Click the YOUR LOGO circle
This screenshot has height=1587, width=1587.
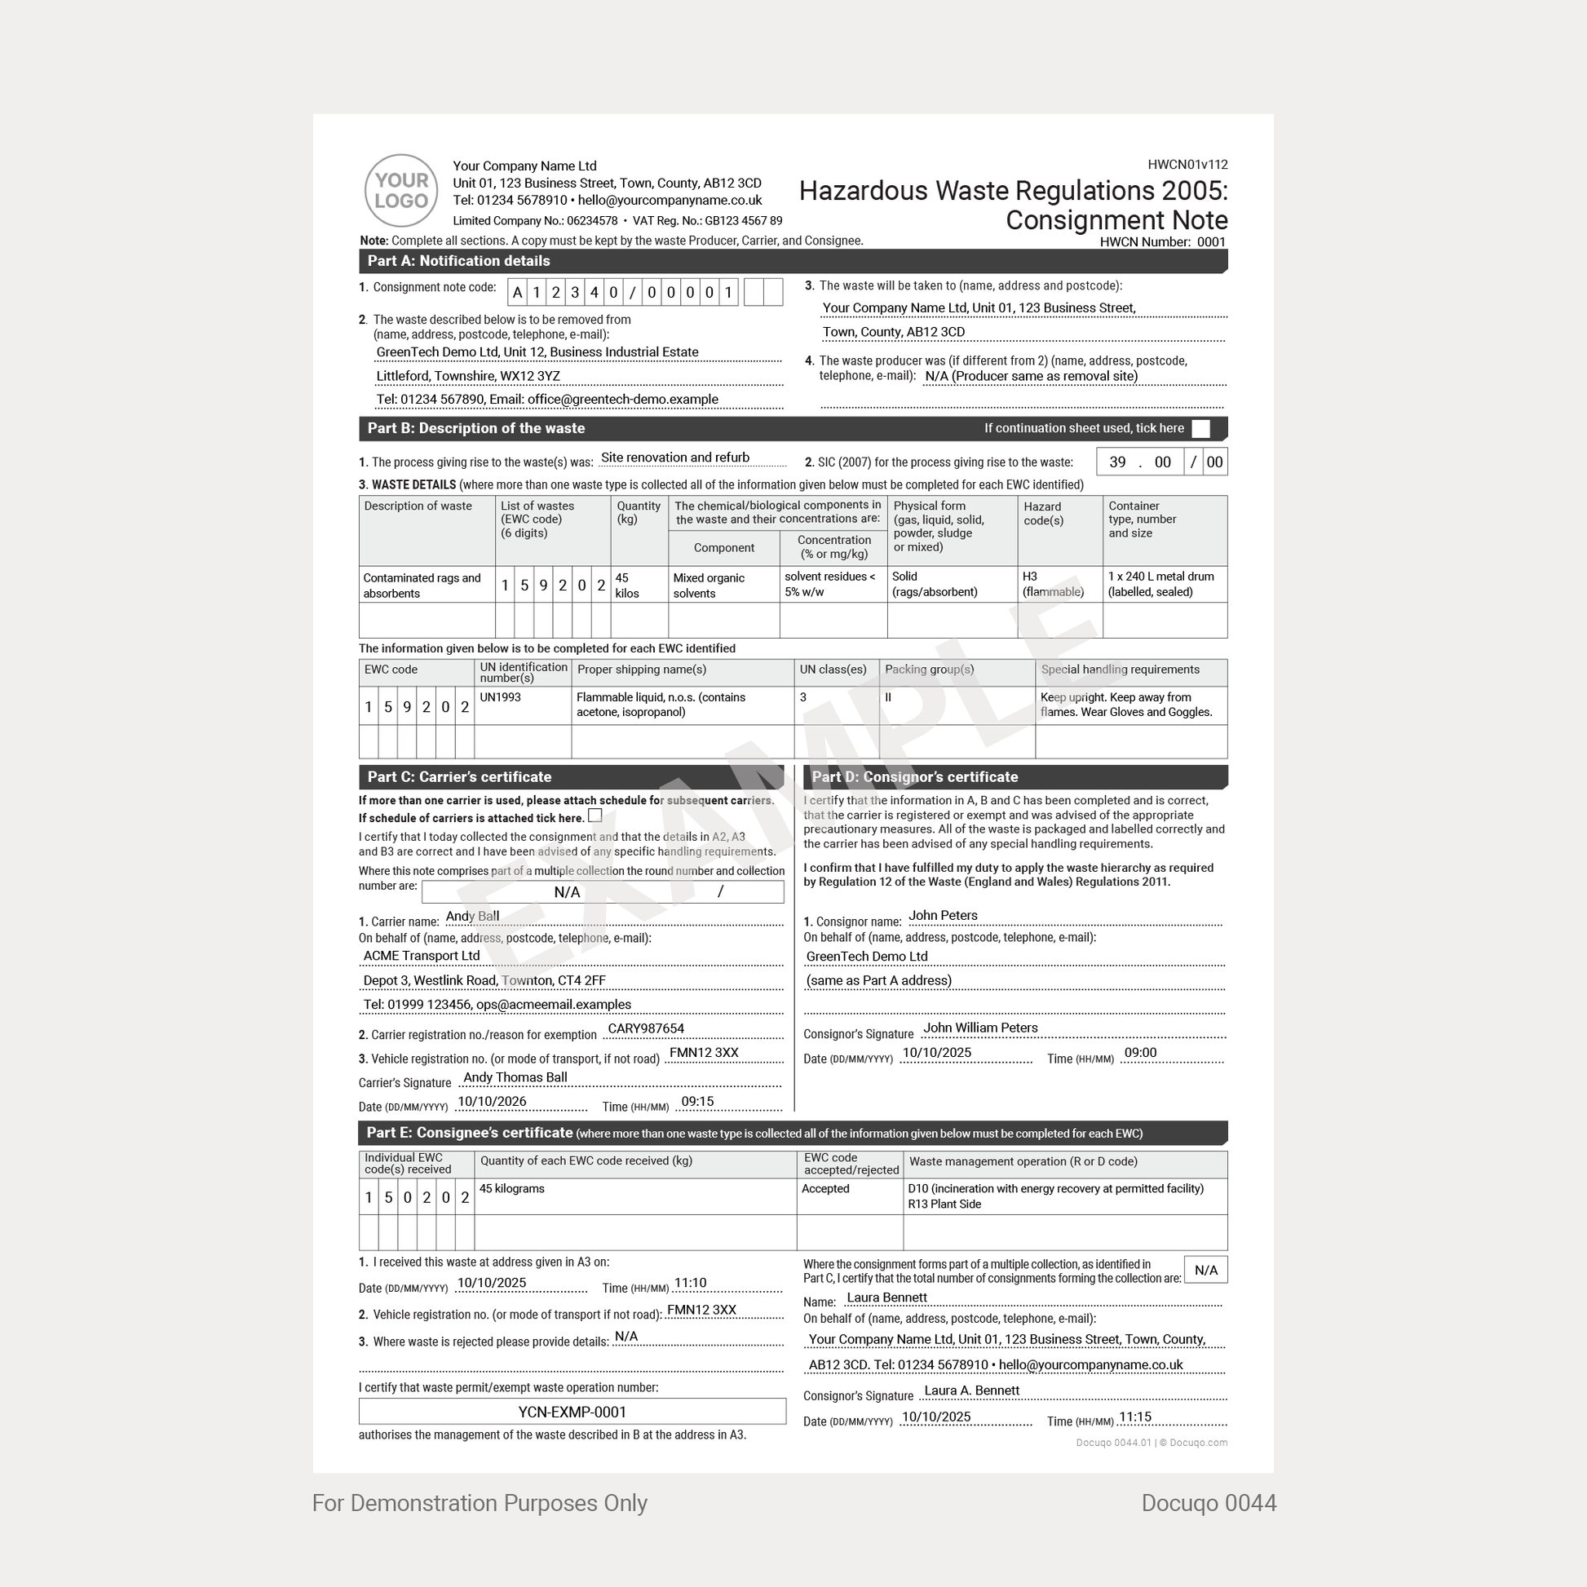[401, 191]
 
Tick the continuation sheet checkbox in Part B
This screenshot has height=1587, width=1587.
[1200, 429]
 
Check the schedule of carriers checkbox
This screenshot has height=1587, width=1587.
[595, 816]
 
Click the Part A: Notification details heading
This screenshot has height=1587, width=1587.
[458, 261]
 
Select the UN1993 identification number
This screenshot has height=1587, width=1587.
[500, 697]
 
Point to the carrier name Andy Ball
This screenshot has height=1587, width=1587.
[472, 916]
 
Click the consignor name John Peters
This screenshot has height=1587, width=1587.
[943, 915]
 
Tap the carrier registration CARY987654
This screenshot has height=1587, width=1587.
[646, 1028]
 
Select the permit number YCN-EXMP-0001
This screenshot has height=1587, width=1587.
[572, 1412]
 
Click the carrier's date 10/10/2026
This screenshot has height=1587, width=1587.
[492, 1102]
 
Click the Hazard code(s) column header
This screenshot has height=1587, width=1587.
[1043, 514]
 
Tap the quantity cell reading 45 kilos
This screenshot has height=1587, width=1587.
[628, 585]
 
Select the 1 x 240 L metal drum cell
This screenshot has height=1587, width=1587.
[1160, 584]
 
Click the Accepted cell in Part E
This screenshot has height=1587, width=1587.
[825, 1188]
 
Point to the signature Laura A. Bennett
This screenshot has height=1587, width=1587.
[972, 1390]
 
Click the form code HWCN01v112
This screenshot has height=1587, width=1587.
[1187, 164]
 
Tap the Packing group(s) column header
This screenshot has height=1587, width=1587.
[929, 670]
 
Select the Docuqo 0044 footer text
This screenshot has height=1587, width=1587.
[1209, 1503]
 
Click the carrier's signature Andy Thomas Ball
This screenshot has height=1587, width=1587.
[515, 1076]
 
